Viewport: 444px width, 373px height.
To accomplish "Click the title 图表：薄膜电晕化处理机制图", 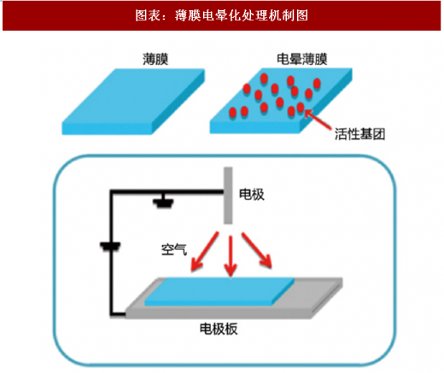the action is [x=221, y=15].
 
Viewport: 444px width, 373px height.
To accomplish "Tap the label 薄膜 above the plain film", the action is [x=155, y=59].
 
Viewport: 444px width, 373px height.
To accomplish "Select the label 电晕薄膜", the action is [x=302, y=59].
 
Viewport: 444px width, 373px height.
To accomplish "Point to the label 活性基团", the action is [x=359, y=134].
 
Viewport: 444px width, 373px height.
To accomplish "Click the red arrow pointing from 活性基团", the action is [x=318, y=120].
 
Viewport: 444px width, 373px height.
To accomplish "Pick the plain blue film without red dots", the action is [x=133, y=102].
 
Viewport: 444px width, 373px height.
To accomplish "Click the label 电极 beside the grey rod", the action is [x=252, y=195].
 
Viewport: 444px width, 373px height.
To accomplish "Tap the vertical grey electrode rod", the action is [x=228, y=195].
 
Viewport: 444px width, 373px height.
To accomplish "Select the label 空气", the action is [x=174, y=249].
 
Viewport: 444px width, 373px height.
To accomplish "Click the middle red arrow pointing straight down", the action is [x=231, y=255].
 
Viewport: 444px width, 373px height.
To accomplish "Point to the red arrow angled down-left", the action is [x=205, y=251].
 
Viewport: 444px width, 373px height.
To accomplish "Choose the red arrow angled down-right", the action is [x=257, y=250].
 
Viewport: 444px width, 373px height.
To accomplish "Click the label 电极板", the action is [x=219, y=329].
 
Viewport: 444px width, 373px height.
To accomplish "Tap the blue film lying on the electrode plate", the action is [x=219, y=292].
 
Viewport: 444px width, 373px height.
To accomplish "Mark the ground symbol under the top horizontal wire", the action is [x=163, y=201].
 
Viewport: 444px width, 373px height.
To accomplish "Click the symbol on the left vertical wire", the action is [x=110, y=247].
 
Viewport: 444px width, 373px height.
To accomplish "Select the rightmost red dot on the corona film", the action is [x=317, y=84].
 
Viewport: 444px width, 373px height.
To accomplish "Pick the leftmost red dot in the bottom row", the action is [x=233, y=113].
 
